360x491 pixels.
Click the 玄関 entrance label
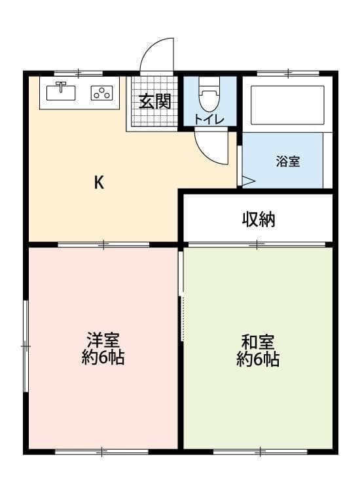point(154,102)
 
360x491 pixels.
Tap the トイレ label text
point(209,119)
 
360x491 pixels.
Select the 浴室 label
point(288,162)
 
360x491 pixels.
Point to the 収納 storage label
point(259,219)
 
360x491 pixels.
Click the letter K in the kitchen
point(99,183)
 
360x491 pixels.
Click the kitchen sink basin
point(63,92)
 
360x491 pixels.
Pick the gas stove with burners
point(101,93)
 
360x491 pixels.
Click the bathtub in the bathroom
point(287,104)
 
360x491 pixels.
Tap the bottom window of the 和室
point(260,450)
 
